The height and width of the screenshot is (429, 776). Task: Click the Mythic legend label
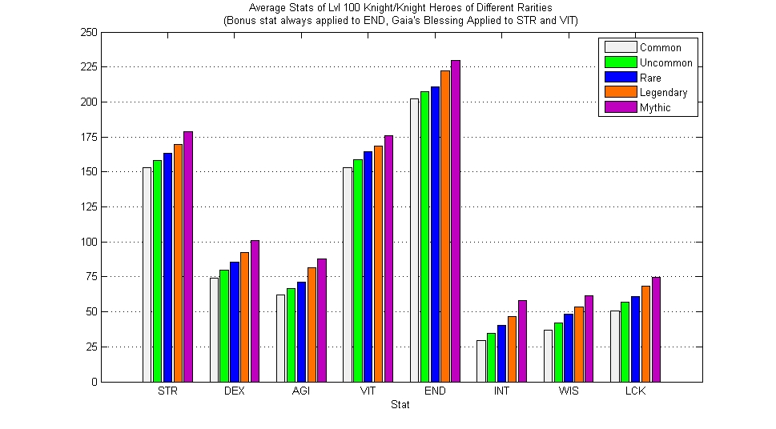tap(655, 107)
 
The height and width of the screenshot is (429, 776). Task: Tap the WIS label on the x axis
tap(569, 391)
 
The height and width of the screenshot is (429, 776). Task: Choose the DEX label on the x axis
tap(235, 391)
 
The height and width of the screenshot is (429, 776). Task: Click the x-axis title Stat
tap(400, 405)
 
